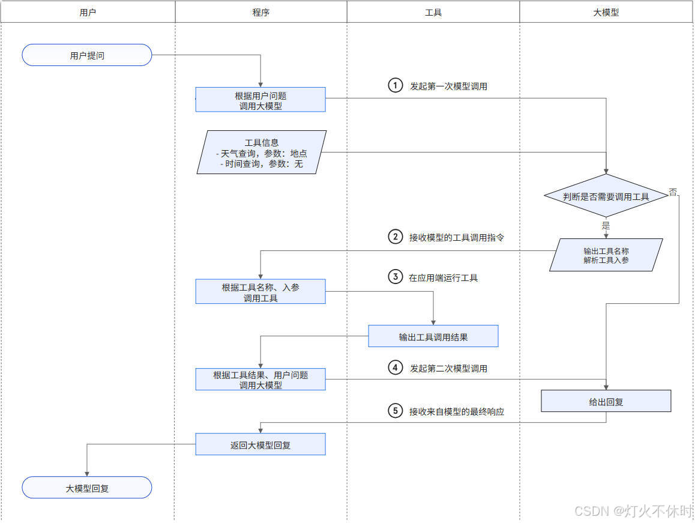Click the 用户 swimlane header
[x=88, y=12]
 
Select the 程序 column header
[x=260, y=12]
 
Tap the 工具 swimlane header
[x=433, y=12]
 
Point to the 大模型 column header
[x=606, y=12]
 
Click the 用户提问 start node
[x=87, y=55]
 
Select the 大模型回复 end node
[x=87, y=488]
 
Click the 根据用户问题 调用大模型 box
[x=260, y=100]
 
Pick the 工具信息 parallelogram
[x=262, y=153]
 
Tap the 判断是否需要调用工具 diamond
[x=606, y=196]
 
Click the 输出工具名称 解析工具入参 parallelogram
[x=606, y=255]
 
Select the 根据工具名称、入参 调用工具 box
[x=260, y=292]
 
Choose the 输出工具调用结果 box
[x=433, y=336]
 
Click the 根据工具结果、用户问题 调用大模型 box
[x=260, y=379]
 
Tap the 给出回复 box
[x=606, y=401]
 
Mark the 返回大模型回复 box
[x=260, y=444]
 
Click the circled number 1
[x=395, y=86]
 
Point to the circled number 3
[x=395, y=277]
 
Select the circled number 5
[x=395, y=411]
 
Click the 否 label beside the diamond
[x=673, y=192]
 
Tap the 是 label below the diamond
[x=606, y=226]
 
